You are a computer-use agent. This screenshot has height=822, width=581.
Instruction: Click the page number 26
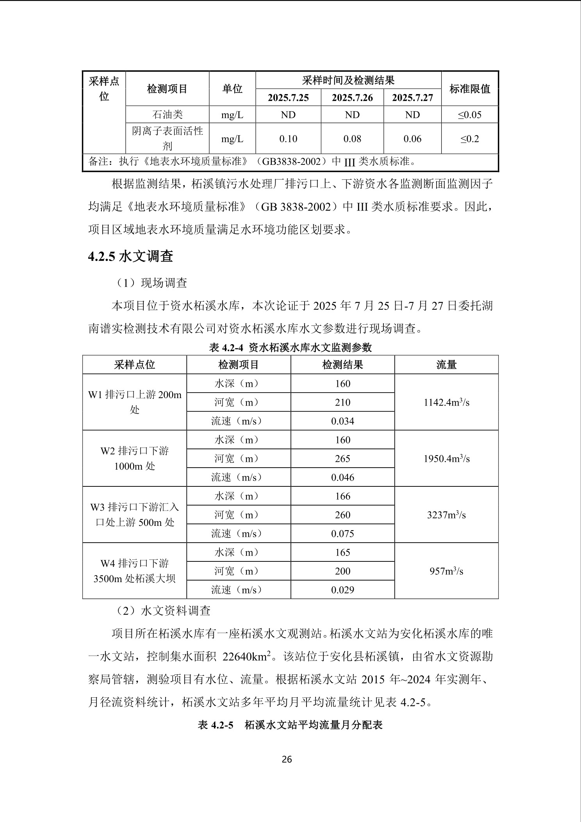287,759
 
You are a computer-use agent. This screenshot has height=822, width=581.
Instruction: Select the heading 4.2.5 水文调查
130,256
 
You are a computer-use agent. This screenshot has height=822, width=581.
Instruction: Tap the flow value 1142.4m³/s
446,402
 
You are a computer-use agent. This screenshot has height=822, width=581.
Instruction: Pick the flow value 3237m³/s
446,515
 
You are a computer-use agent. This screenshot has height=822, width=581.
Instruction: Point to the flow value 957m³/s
446,571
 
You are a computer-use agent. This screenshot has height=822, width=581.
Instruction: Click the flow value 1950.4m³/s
446,459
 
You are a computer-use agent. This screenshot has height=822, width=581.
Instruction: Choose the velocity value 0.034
342,421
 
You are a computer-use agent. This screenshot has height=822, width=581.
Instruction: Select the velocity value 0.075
342,534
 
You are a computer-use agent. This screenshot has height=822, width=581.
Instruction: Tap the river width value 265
342,459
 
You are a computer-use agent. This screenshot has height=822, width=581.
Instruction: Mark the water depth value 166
342,496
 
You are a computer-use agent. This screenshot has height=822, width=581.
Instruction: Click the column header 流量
446,365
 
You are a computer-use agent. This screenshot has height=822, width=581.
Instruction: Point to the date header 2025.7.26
352,98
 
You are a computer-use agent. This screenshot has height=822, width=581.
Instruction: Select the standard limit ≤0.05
470,115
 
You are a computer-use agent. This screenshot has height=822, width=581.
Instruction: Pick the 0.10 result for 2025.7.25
288,139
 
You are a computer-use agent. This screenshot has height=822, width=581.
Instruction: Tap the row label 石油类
167,115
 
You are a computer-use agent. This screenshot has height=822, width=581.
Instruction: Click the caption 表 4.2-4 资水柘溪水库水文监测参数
290,347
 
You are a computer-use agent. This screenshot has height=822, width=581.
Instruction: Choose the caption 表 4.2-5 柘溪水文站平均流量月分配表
290,725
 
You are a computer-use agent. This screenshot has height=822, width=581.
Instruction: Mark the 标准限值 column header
470,89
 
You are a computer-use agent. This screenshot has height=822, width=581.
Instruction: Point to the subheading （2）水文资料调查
164,610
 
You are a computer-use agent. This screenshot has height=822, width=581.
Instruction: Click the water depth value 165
342,552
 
